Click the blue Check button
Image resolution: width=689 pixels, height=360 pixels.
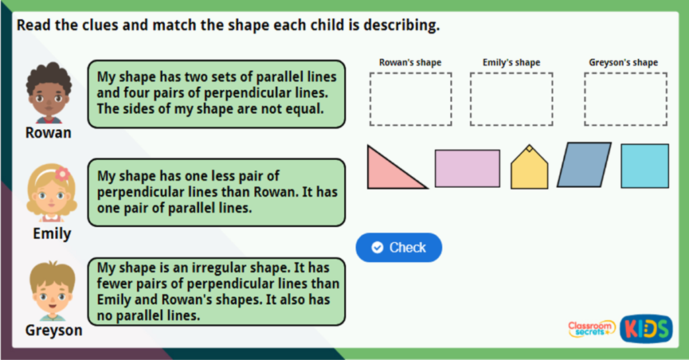[x=398, y=248]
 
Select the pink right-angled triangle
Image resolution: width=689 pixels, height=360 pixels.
[x=388, y=172]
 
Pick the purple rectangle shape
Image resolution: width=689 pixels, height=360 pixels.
[x=467, y=168]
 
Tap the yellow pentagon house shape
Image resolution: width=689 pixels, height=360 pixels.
[x=529, y=170]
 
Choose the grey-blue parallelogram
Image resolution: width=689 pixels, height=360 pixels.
[x=584, y=165]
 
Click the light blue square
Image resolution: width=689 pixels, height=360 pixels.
[x=644, y=166]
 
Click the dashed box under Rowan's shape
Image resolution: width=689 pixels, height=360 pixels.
[x=410, y=99]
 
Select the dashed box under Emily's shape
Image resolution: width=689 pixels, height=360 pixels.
[x=511, y=99]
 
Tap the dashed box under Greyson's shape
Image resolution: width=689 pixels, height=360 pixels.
[x=625, y=99]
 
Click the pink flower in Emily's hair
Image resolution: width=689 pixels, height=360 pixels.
[x=62, y=174]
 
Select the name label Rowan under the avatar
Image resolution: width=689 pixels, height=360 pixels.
[x=48, y=133]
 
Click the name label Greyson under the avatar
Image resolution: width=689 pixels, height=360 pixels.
[x=54, y=330]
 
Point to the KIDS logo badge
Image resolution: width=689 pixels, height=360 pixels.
[x=645, y=328]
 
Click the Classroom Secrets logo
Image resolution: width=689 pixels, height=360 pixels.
[x=591, y=328]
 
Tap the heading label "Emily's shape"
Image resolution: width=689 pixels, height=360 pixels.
[x=511, y=63]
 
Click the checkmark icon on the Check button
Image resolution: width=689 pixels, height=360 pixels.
[x=377, y=248]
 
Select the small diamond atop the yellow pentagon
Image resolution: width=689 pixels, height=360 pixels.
[x=529, y=148]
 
